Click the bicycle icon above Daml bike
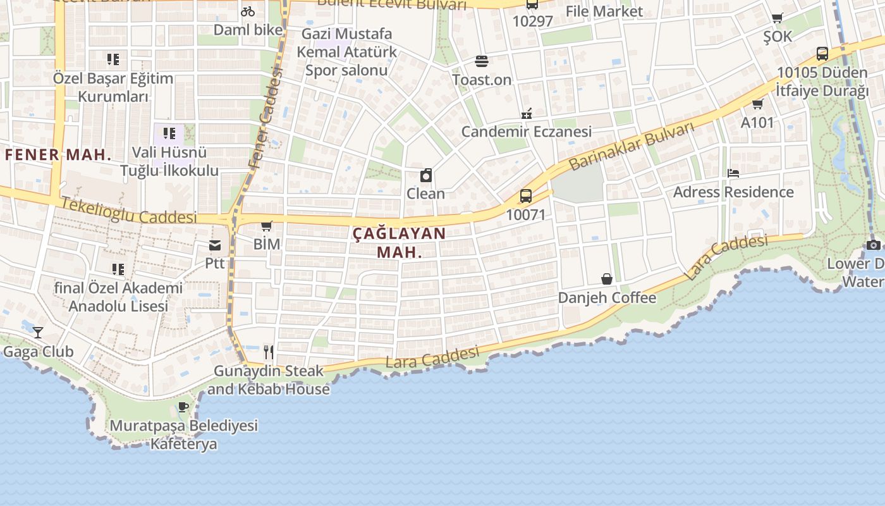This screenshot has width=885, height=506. [248, 11]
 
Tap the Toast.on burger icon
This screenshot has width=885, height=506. [482, 61]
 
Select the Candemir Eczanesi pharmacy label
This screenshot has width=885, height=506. [527, 132]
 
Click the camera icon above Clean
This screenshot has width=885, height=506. [426, 176]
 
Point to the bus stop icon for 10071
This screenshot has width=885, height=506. [525, 196]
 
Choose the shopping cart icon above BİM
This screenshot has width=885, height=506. [267, 226]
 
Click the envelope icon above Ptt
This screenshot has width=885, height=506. [215, 245]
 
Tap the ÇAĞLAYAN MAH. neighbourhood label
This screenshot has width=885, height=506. [399, 242]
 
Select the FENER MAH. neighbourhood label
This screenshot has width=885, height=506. [58, 154]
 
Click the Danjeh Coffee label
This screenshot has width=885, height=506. [607, 297]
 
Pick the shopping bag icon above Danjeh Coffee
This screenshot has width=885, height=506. [606, 279]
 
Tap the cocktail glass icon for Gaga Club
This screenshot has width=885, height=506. [38, 333]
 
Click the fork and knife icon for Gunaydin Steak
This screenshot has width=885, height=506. [269, 352]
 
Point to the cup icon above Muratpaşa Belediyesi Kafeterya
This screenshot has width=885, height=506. [183, 407]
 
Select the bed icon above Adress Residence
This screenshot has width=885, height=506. [733, 173]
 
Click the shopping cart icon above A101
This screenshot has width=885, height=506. [757, 104]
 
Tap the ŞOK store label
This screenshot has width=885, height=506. [777, 37]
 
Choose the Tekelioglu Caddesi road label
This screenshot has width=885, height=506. [130, 210]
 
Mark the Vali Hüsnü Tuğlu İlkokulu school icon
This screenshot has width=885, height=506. [169, 133]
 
